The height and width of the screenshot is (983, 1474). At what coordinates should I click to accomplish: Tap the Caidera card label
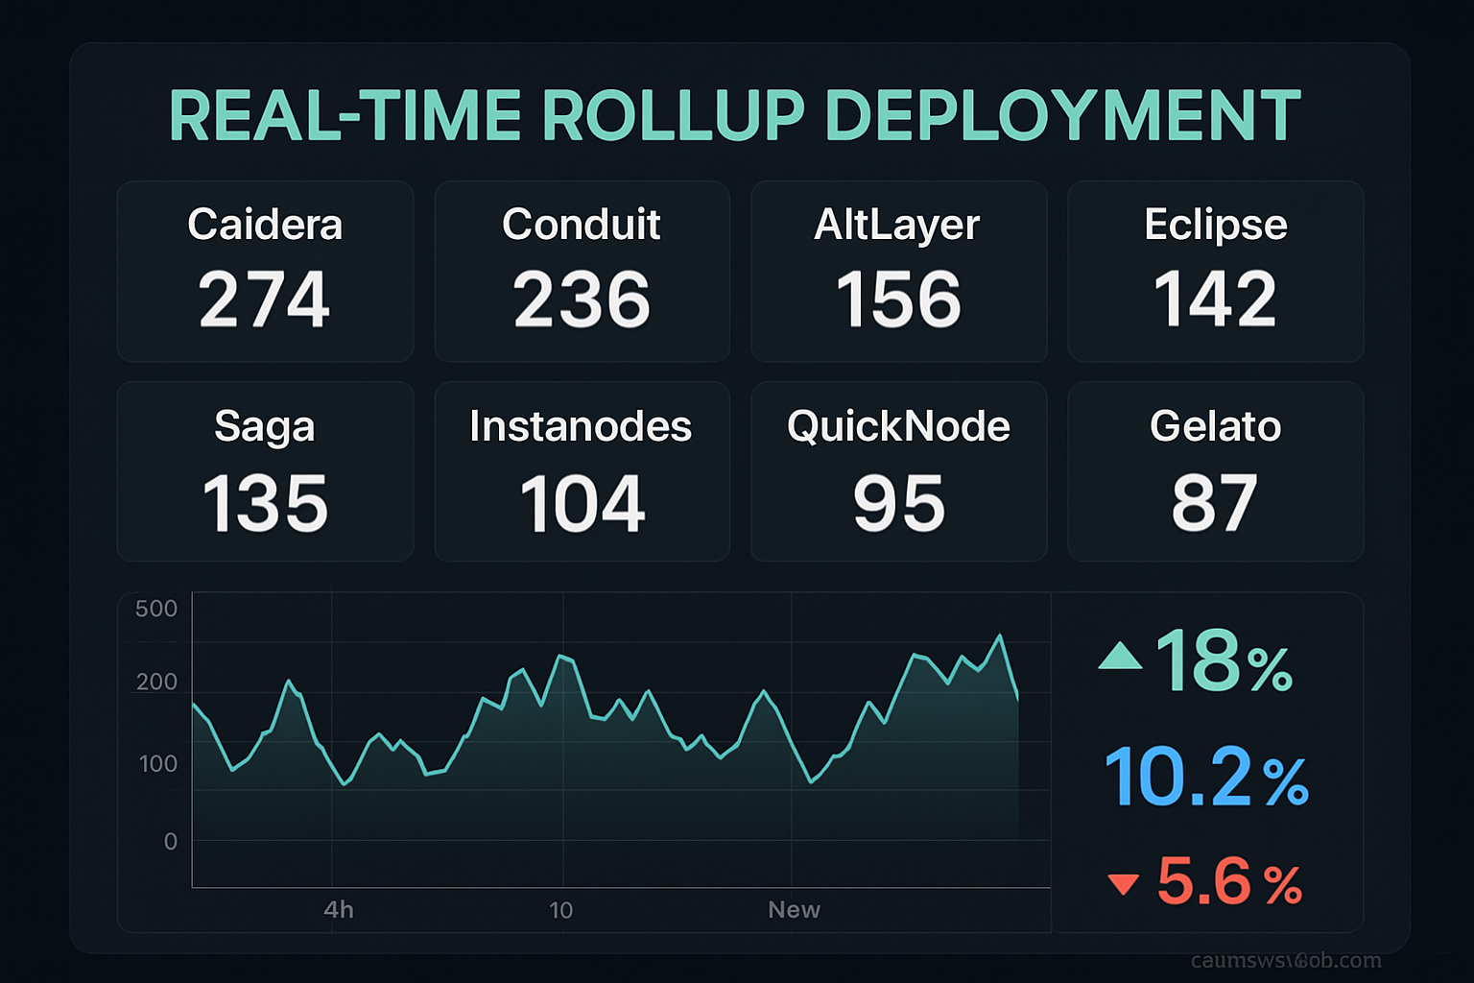pos(265,225)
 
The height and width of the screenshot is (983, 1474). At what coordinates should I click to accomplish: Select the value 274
pos(265,300)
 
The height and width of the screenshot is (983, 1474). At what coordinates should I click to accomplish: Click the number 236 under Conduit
pos(582,300)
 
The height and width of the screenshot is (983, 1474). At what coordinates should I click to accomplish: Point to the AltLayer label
pos(897,226)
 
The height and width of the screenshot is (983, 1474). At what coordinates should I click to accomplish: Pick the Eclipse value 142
pos(1215,300)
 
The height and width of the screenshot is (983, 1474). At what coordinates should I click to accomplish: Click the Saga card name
pos(265,426)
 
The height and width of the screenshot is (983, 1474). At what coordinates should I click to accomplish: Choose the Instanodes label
pos(581,426)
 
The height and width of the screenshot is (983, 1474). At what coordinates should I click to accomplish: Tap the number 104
pos(582,504)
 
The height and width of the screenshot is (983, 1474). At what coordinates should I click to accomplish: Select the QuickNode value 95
pos(899,504)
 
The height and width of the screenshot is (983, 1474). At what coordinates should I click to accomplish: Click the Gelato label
pos(1215,426)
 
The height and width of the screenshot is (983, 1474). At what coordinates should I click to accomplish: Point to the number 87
pos(1214,504)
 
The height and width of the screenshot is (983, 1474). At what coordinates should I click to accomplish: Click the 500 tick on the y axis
pos(156,609)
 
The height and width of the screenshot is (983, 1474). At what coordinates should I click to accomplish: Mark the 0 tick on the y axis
pos(171,842)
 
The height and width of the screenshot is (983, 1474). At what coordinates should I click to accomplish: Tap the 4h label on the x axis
pos(339,910)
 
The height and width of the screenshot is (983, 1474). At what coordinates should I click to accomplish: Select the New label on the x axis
pos(794,910)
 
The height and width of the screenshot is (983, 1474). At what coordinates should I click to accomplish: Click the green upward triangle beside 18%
pos(1120,657)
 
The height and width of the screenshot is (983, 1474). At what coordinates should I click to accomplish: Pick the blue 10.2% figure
pos(1206,778)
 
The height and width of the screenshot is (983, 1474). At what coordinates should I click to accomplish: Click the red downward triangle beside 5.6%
pos(1123,884)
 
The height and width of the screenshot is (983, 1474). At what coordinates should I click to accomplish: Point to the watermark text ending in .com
pos(1286,961)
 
